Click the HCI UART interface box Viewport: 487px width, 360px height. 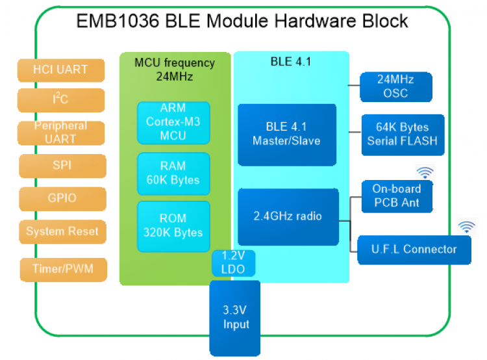(61, 70)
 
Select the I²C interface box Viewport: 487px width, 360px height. (61, 99)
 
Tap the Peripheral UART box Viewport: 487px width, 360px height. (61, 132)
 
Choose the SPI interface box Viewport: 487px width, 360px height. (61, 165)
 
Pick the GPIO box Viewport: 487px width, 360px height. (61, 198)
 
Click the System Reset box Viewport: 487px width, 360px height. (62, 231)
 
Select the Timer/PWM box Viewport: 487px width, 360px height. (61, 268)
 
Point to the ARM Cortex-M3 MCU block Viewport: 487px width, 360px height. (173, 122)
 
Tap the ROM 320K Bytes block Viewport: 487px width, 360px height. (173, 225)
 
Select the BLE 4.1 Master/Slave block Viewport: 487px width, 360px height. (286, 134)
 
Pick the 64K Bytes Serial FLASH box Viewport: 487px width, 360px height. (403, 135)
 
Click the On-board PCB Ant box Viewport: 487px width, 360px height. (396, 196)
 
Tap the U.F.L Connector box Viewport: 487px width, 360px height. (414, 249)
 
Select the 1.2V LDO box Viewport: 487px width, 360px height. (232, 262)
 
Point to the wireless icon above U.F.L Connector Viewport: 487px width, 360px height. (466, 227)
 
